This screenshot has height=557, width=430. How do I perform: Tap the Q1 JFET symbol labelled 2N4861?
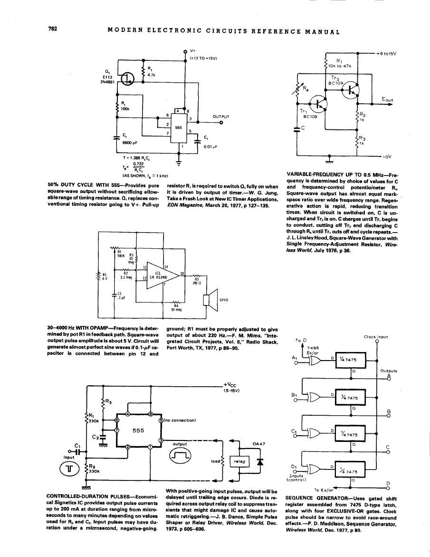(129, 82)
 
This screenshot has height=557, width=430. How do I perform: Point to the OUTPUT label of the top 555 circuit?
(221, 117)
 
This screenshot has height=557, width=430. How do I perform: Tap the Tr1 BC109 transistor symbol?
(316, 102)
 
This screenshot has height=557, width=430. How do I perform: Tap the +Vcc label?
(231, 386)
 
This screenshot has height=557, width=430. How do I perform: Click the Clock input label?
(376, 337)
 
